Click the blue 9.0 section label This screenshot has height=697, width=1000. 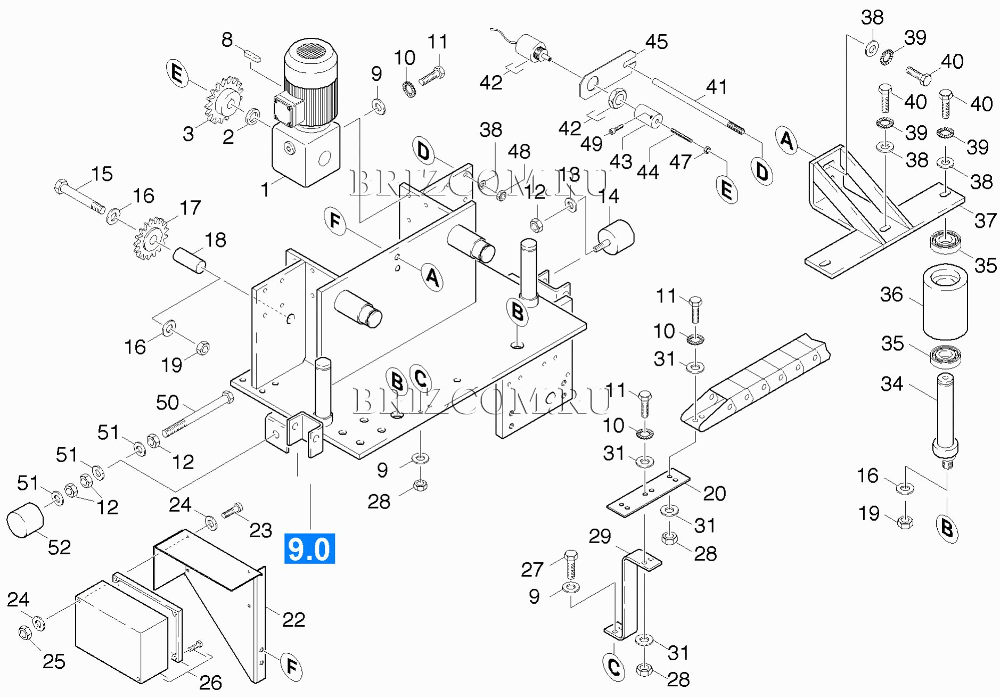click(x=309, y=548)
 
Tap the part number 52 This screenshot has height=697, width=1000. click(x=59, y=547)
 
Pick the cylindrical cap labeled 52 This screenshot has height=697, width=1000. click(x=24, y=520)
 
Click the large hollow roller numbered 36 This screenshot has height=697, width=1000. click(x=945, y=303)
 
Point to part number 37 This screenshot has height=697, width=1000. click(x=985, y=220)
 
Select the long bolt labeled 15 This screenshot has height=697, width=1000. click(x=80, y=196)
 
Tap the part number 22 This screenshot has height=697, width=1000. click(x=293, y=619)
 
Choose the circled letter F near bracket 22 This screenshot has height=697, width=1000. click(x=291, y=666)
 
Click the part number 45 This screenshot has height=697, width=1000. click(x=656, y=42)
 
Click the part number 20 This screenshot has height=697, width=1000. click(x=714, y=494)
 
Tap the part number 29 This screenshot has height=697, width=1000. click(x=600, y=536)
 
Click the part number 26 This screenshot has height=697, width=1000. click(x=210, y=682)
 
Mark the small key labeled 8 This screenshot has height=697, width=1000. click(x=252, y=56)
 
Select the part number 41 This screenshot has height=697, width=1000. click(x=716, y=87)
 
